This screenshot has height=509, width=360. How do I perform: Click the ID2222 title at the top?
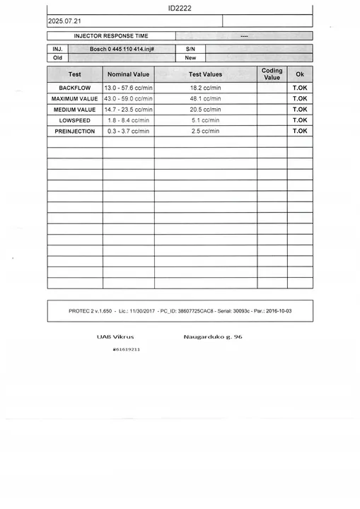click(180, 8)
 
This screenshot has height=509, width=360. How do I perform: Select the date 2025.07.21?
click(64, 22)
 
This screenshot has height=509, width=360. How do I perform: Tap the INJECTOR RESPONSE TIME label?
click(111, 35)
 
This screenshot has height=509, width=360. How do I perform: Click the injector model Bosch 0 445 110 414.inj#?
click(122, 49)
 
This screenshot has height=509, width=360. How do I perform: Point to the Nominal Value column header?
click(128, 74)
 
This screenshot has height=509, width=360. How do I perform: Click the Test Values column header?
click(205, 74)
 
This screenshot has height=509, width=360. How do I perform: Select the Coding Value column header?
click(272, 74)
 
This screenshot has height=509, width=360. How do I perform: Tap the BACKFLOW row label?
click(74, 88)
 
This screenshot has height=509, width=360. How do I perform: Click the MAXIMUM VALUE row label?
click(74, 99)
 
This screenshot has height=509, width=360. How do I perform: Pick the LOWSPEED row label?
click(74, 121)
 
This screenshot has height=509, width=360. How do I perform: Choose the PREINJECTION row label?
click(74, 131)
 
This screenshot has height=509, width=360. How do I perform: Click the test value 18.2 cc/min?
click(205, 88)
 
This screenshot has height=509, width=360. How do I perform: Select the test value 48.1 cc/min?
click(205, 99)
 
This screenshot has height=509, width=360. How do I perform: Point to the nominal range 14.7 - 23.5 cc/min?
click(128, 110)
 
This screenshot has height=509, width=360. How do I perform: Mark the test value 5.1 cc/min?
click(205, 121)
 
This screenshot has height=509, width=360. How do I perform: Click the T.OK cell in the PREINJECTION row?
click(300, 131)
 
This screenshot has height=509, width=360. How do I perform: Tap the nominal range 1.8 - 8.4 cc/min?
click(128, 121)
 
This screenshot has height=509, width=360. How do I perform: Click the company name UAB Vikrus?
click(115, 337)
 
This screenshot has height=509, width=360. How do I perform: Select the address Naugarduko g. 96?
click(212, 337)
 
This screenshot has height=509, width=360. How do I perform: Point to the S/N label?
click(190, 49)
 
